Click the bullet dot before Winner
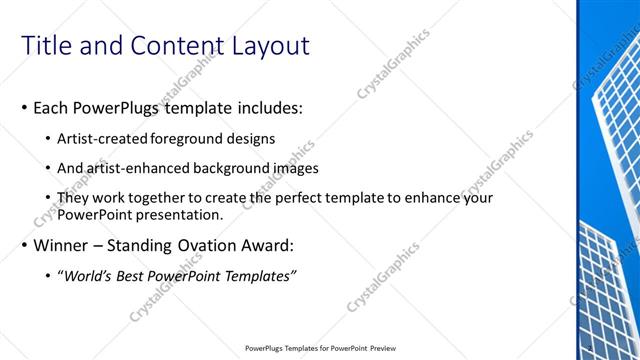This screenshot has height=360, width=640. (24, 246)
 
